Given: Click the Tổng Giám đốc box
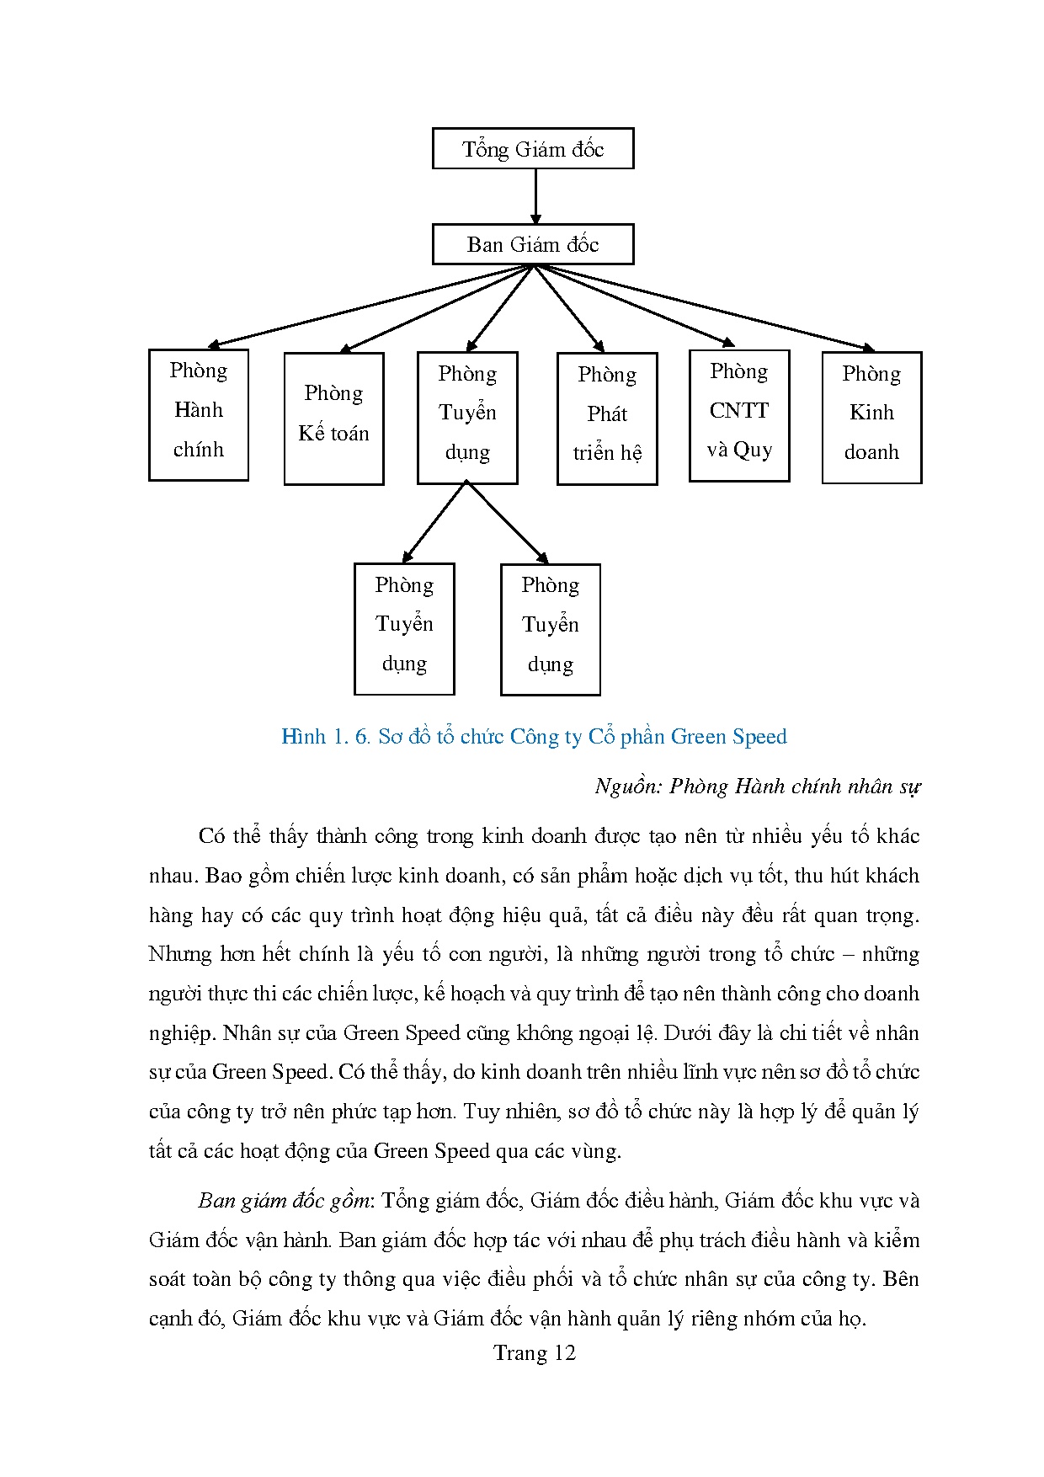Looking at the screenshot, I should coord(532,149).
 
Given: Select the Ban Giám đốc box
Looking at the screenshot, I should coord(532,244).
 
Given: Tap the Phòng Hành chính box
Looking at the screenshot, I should coord(199,414).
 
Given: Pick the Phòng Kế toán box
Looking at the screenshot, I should coord(333,419).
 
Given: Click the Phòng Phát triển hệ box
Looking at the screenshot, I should coord(607,419).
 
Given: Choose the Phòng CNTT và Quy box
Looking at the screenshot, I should coord(739,415).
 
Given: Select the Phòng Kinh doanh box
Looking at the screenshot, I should coord(871,417).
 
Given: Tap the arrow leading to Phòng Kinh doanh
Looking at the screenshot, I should coord(707,308).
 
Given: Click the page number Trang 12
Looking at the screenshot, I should coord(534,1352).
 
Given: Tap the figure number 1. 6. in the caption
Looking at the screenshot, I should coord(351,737).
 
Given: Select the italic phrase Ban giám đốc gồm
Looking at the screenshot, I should coord(285,1200).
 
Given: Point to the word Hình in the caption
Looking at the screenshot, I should coord(303,737).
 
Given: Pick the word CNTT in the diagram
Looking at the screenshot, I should coord(739,411).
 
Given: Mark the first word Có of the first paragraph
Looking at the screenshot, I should coord(212,836).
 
